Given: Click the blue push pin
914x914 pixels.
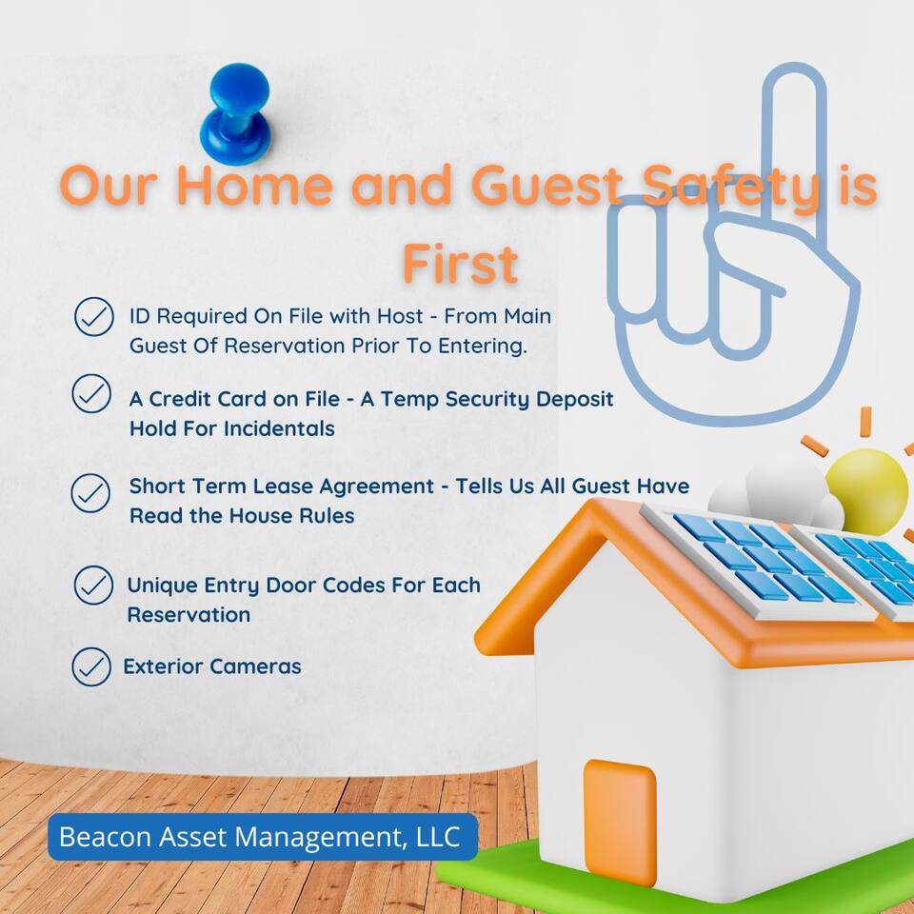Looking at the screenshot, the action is [x=236, y=113].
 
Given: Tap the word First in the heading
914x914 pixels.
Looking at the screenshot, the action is [x=461, y=264].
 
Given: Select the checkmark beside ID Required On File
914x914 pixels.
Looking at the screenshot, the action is [x=94, y=316].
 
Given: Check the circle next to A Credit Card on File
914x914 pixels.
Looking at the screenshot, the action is [x=91, y=393].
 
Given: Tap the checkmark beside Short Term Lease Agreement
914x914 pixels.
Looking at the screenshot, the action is [x=90, y=492].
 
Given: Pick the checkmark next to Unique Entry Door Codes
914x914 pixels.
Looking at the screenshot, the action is [x=93, y=585].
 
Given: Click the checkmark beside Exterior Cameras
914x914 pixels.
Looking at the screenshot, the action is [x=91, y=666].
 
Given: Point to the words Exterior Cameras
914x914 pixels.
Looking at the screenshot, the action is [x=212, y=666].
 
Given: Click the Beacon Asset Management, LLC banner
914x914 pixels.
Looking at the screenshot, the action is [x=263, y=837].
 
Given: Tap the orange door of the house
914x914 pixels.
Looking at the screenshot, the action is [x=620, y=822].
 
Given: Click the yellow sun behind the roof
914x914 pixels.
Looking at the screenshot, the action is [x=866, y=491].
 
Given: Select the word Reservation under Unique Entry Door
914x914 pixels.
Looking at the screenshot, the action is [x=189, y=614].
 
